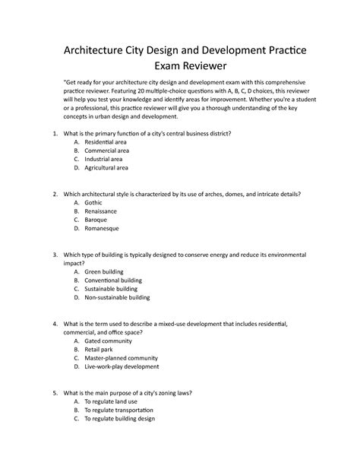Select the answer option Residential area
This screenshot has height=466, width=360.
[x=106, y=142]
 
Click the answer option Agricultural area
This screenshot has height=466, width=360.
[x=106, y=167]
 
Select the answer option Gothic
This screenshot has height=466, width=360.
[x=93, y=203]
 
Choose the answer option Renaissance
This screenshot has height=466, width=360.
[x=101, y=211]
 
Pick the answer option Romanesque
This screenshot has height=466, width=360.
[x=101, y=228]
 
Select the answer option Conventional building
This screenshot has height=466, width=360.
[x=114, y=280]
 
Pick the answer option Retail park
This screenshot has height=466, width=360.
[x=99, y=350]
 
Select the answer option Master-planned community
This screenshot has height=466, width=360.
[x=121, y=358]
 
